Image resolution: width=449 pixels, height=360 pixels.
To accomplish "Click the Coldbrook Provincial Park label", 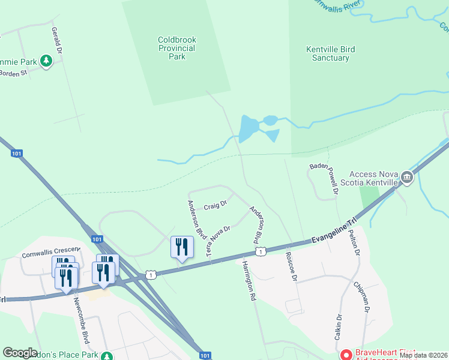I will click(x=177, y=48).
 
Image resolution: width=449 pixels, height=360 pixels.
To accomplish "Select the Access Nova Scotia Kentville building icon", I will click(x=407, y=177).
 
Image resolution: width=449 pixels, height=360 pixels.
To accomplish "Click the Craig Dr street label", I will click(x=215, y=205).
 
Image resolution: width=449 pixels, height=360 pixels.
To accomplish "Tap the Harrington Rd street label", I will click(x=249, y=280).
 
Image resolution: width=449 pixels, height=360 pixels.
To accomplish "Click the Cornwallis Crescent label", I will click(x=50, y=253).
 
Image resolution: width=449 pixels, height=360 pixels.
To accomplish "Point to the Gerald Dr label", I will click(x=57, y=41).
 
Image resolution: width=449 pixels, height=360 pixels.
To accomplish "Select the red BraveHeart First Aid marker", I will click(x=346, y=355).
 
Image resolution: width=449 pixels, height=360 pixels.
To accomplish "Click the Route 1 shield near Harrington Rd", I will click(x=261, y=251).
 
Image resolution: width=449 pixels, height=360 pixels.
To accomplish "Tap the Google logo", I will click(x=20, y=353).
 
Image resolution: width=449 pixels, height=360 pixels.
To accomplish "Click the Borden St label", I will click(x=13, y=73).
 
